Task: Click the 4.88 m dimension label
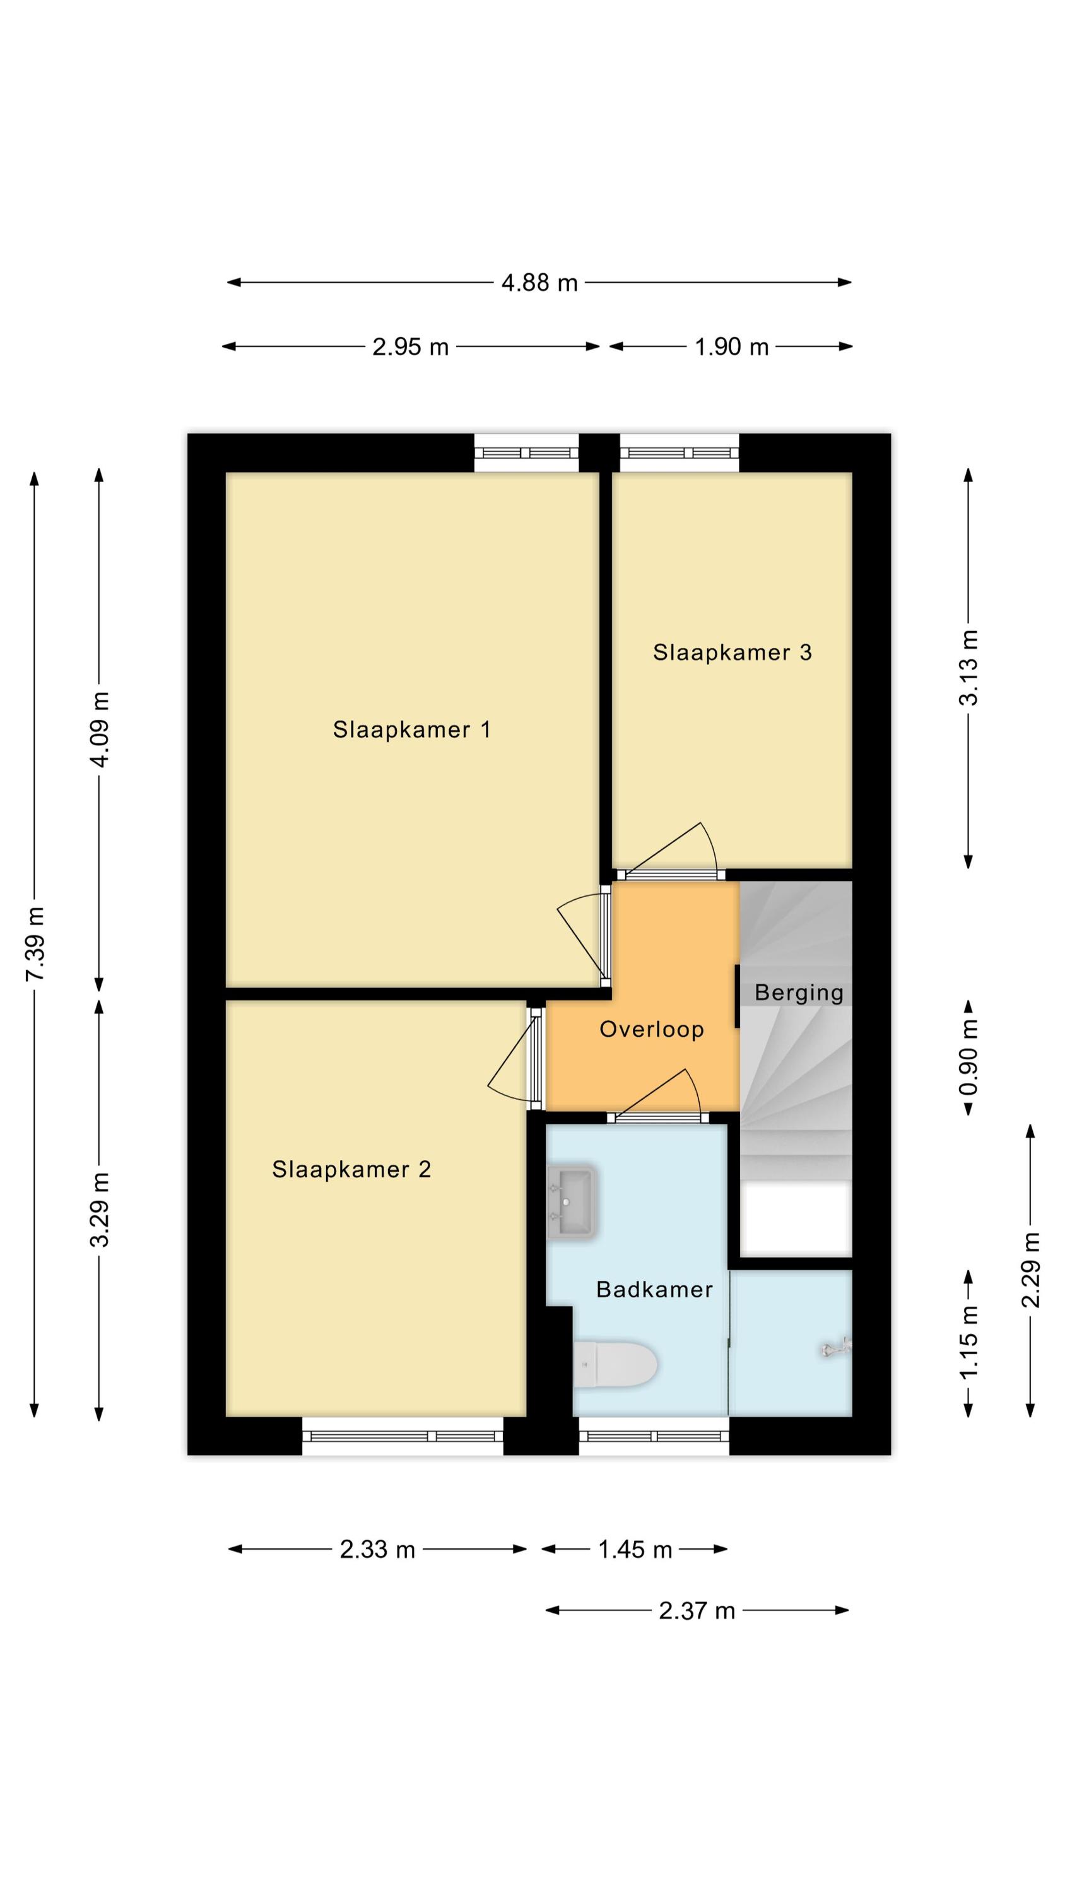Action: coord(539,283)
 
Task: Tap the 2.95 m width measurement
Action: coord(410,347)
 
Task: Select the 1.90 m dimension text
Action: coord(731,347)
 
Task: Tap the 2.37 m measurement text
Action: coord(696,1611)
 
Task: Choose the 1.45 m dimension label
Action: coord(635,1550)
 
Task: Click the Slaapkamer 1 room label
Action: coord(411,729)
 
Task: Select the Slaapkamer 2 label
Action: coord(351,1169)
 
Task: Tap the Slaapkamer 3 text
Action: coord(732,652)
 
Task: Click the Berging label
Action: coord(799,993)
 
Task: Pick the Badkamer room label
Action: coord(654,1290)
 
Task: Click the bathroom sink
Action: coord(571,1202)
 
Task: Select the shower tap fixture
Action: coord(836,1348)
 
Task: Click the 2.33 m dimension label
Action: coord(377,1550)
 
